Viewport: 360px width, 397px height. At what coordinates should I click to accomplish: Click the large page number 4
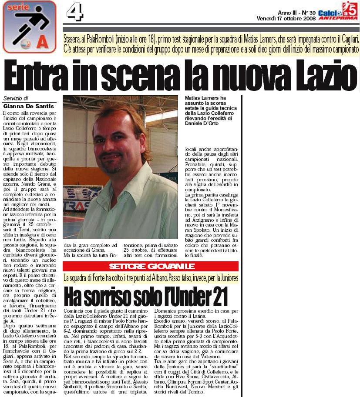pos(75,12)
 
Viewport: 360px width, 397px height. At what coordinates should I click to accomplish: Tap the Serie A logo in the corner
pos(28,26)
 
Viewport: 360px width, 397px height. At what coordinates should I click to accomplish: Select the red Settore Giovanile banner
pos(151,266)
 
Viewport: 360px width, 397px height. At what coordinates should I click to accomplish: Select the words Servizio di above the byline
pos(16,98)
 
